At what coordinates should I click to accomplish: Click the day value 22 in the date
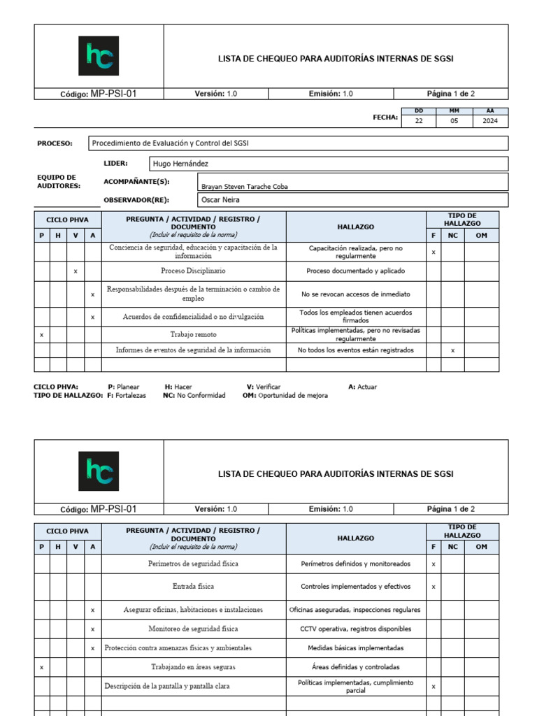pos(419,121)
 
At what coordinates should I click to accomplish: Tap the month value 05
pos(454,121)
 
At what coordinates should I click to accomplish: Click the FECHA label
pos(385,117)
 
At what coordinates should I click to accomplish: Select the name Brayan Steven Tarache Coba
pos(244,187)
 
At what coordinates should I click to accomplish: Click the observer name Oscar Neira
pos(220,200)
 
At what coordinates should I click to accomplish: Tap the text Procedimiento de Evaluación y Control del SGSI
pos(171,143)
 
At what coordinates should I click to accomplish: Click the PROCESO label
pos(55,143)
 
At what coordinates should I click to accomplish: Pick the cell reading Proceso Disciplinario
pos(193,271)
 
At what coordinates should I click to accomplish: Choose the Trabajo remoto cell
pos(193,335)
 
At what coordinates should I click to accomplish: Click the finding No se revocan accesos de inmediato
pos(356,294)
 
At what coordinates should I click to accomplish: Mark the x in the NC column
pos(452,350)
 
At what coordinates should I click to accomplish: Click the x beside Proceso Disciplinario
pos(76,271)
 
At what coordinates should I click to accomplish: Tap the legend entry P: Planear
pos(124,387)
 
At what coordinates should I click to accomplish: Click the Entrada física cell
pos(193,587)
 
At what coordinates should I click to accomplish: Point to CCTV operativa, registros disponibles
pos(356,629)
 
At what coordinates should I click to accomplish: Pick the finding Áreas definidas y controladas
pos(356,667)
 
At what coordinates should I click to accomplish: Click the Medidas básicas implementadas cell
pos(356,648)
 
